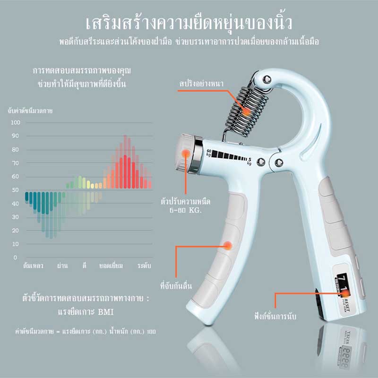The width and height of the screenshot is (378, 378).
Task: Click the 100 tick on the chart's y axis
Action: pos(16,122)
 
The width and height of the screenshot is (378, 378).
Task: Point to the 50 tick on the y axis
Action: pos(16,190)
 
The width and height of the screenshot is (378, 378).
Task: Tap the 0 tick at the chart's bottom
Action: pos(16,258)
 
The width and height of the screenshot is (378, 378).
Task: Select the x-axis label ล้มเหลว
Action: pos(33,266)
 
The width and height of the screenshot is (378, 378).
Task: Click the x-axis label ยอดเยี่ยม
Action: pos(111,266)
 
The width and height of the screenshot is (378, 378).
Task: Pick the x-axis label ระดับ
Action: pos(144,266)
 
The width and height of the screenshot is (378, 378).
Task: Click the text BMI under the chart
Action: pos(105,312)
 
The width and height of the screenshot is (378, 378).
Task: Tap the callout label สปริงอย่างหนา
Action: pos(201,84)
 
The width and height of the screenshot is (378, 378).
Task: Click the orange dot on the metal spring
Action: pos(246,112)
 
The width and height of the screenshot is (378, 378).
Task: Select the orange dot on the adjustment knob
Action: pos(186,153)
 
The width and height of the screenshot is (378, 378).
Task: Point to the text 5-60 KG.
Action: pos(185,210)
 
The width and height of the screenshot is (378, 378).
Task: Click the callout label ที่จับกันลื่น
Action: pos(176,286)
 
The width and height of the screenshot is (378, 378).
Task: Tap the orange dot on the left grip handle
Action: pos(228,246)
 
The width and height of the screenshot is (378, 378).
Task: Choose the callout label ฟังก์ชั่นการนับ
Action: pos(275,316)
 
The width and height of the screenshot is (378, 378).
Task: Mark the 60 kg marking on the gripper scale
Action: pos(209,153)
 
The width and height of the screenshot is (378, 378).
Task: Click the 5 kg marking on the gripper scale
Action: pos(249,161)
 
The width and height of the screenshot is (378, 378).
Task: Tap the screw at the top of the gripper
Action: pos(266,79)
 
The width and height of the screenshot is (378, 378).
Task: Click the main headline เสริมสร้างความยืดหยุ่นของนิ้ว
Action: pos(189,23)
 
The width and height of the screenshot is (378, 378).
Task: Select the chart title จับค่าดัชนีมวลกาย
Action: pos(30,111)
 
